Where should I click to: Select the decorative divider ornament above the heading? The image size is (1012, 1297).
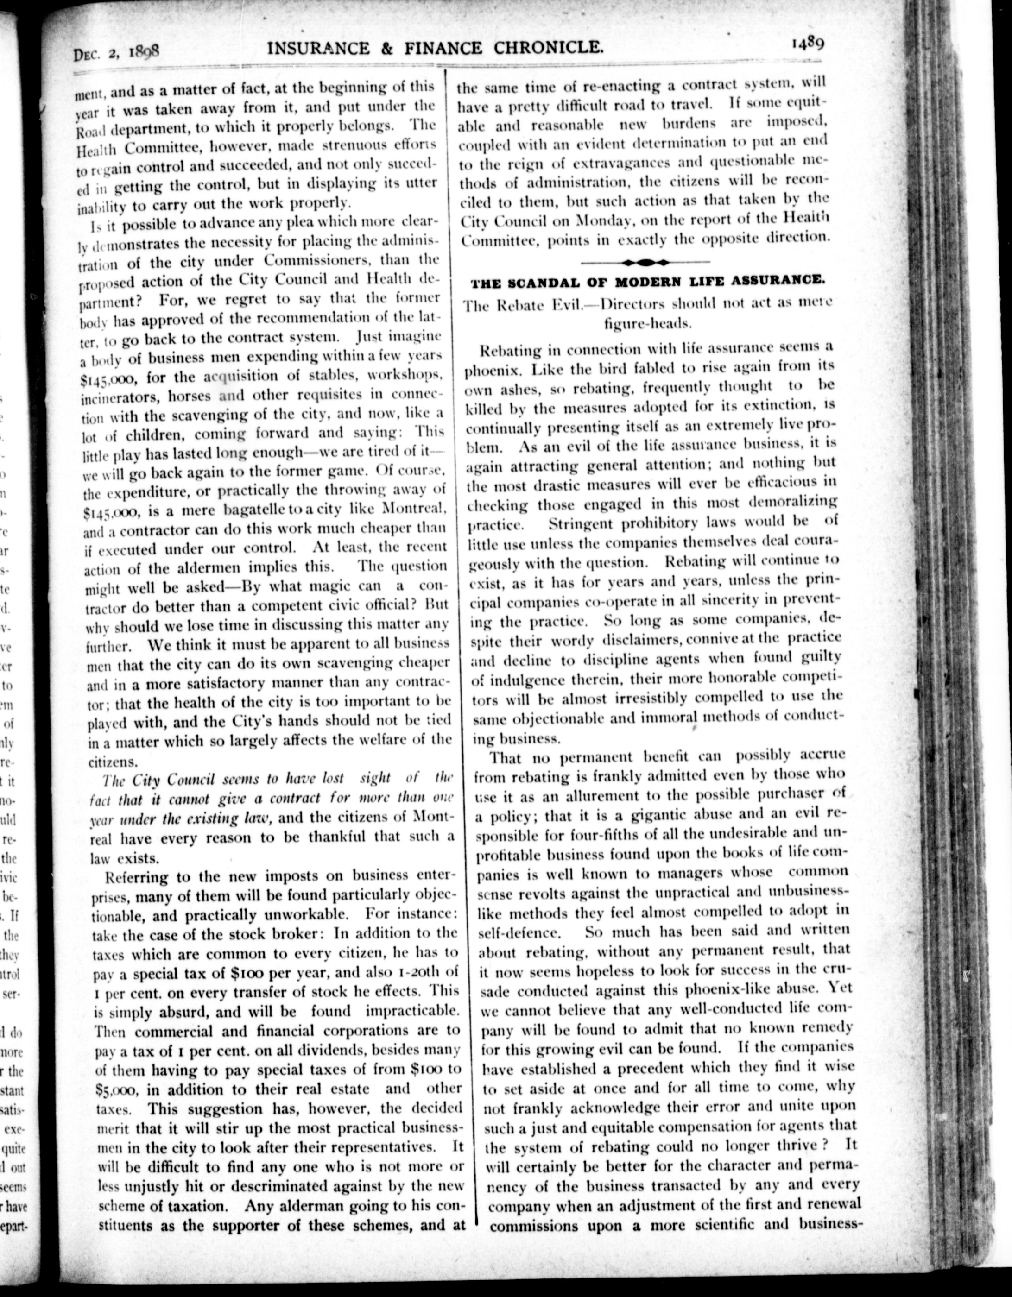coord(645,261)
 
